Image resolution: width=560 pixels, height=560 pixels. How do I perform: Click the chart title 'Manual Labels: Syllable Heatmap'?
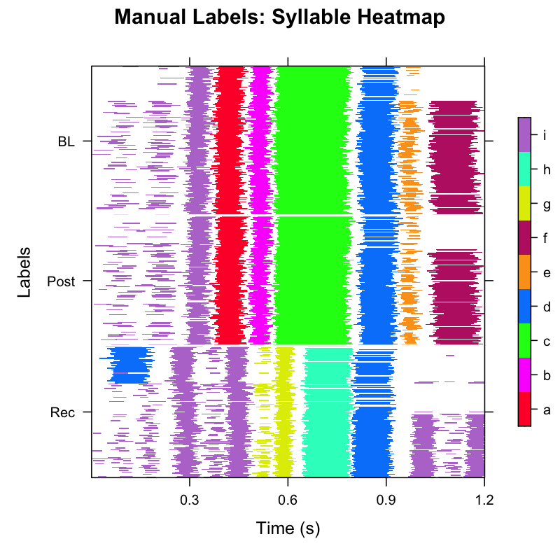pyautogui.click(x=280, y=17)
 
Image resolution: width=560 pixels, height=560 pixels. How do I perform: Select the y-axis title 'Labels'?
pyautogui.click(x=24, y=272)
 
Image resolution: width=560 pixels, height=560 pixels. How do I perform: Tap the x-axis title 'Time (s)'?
pyautogui.click(x=288, y=527)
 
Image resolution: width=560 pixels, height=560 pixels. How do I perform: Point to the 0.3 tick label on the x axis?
pyautogui.click(x=189, y=500)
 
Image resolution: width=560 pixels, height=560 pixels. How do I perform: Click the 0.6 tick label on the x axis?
pyautogui.click(x=288, y=500)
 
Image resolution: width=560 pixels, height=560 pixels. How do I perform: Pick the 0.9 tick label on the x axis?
pyautogui.click(x=386, y=500)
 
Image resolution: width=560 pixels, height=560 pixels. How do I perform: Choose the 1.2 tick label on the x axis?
pyautogui.click(x=484, y=500)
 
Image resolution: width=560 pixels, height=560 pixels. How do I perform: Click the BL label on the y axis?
pyautogui.click(x=66, y=141)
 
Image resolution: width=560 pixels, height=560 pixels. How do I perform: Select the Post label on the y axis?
pyautogui.click(x=61, y=281)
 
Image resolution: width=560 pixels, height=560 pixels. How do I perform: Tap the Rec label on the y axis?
pyautogui.click(x=62, y=412)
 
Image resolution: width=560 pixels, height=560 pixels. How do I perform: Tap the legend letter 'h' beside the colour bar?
pyautogui.click(x=546, y=169)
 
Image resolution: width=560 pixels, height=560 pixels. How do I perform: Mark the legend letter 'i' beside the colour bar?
pyautogui.click(x=545, y=135)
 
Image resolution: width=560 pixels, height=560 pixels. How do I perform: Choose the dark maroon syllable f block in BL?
pyautogui.click(x=455, y=157)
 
